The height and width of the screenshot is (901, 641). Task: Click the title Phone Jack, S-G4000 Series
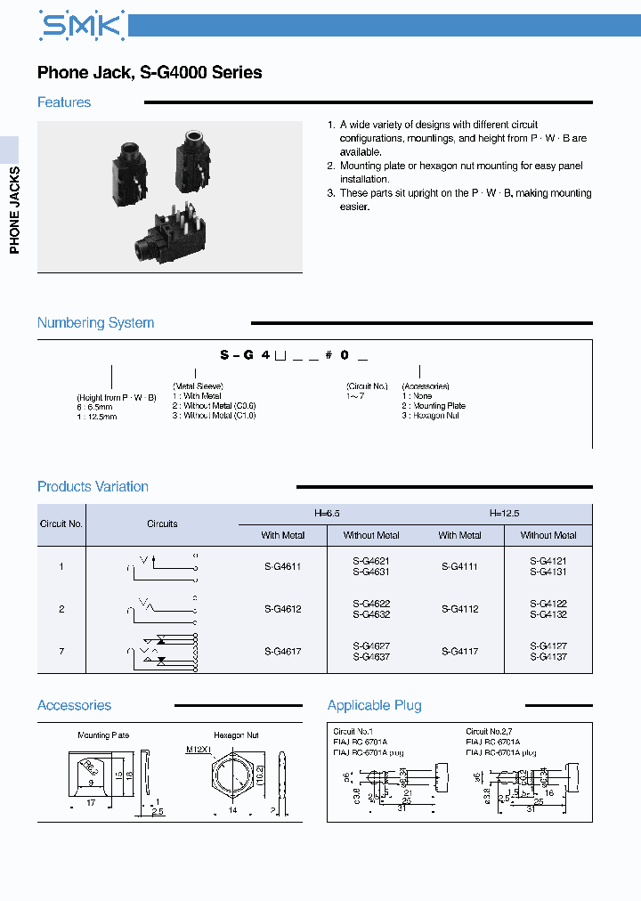point(150,73)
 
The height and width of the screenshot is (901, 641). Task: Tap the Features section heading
point(64,102)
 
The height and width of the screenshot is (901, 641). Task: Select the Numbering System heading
point(95,322)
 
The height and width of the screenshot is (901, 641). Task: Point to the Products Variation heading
point(93,486)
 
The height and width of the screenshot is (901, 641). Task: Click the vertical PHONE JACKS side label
point(14,209)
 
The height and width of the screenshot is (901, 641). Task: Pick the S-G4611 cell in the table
point(282,566)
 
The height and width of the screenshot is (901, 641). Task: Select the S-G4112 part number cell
point(459,609)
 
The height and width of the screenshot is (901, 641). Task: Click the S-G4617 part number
point(282,652)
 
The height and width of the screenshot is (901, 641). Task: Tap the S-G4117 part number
point(459,652)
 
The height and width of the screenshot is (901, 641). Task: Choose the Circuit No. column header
point(61,524)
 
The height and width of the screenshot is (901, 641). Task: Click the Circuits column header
point(162,524)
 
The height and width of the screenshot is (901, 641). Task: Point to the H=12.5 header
point(504,514)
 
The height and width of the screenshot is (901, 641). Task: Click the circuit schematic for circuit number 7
point(163,651)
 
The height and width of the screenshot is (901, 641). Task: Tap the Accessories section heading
point(74,705)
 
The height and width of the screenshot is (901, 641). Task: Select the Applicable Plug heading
point(374,705)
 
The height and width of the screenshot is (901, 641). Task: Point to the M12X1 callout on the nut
point(199,749)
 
